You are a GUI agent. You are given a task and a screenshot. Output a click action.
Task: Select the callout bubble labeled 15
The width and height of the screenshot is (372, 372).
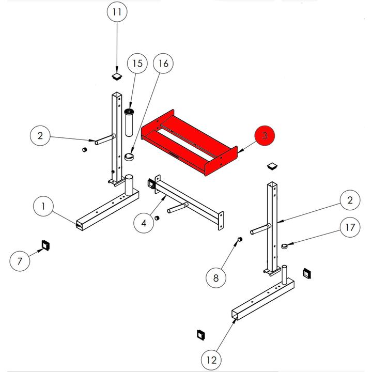point(137,64)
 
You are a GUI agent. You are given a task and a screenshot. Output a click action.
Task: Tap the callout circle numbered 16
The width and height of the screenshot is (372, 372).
point(163,64)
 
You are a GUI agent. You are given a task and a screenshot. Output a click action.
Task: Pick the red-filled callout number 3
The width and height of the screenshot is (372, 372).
point(265,136)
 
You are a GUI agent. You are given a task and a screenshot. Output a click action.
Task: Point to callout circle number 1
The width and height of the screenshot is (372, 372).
point(44,207)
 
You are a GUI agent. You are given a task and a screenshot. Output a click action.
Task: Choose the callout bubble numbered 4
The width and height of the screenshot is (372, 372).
point(144,223)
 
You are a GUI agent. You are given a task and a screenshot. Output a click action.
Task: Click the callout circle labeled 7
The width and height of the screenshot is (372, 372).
point(20,261)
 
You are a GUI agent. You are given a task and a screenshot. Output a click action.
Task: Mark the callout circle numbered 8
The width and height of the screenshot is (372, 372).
point(216,278)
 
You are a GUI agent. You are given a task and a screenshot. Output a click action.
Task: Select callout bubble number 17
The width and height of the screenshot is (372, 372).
point(350,226)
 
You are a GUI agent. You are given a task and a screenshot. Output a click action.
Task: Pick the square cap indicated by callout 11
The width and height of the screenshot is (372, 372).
point(117,76)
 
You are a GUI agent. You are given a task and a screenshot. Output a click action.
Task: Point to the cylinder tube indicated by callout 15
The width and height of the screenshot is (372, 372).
point(129,122)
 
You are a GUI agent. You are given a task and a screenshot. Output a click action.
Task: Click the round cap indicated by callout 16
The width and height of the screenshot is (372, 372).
point(130,156)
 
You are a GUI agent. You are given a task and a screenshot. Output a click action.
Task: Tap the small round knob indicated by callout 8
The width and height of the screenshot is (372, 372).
point(240,240)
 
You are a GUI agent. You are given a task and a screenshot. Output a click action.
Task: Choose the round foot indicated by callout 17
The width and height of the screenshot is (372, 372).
point(285,246)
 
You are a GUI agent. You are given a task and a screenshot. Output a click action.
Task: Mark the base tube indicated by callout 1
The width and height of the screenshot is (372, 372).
point(106,210)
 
